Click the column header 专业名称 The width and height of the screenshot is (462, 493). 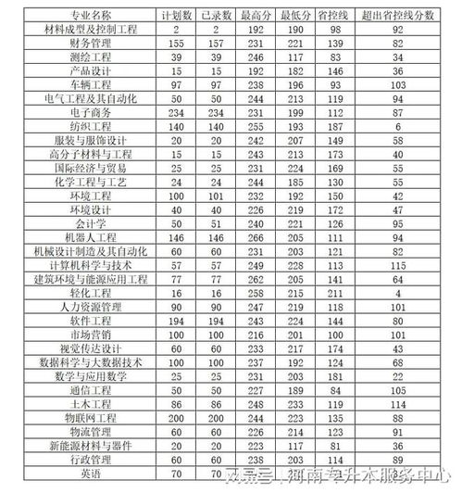pos(91,17)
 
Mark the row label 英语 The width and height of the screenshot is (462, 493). pos(91,474)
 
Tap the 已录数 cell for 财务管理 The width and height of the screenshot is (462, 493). pos(216,44)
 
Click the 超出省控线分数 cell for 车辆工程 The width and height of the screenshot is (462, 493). pos(397,83)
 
